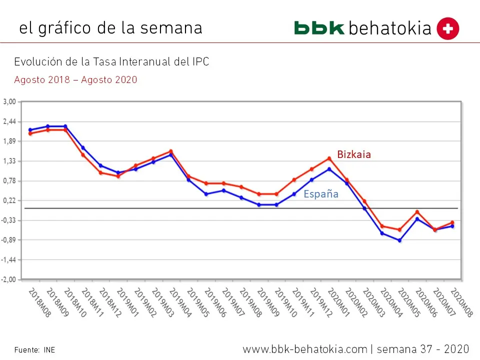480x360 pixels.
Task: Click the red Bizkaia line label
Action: click(354, 154)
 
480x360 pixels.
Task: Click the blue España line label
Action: click(321, 194)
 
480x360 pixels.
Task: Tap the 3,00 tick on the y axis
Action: click(10, 102)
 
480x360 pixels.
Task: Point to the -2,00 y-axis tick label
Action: click(9, 279)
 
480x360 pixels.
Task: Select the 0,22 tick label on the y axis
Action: click(10, 200)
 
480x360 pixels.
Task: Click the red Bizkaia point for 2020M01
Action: click(329, 158)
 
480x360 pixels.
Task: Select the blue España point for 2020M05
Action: click(400, 240)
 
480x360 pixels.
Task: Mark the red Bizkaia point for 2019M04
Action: click(171, 151)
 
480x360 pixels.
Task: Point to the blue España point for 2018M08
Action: click(30, 130)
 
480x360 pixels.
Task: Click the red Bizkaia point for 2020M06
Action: click(417, 212)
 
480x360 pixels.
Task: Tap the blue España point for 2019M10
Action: click(276, 204)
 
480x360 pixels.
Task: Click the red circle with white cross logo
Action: click(447, 28)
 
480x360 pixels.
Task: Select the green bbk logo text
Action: click(319, 28)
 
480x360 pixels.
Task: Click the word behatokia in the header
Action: click(390, 28)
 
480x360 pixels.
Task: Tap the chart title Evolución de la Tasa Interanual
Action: click(111, 62)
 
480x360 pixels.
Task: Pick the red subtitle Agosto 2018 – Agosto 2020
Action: click(75, 79)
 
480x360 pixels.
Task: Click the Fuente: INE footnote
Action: click(34, 350)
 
